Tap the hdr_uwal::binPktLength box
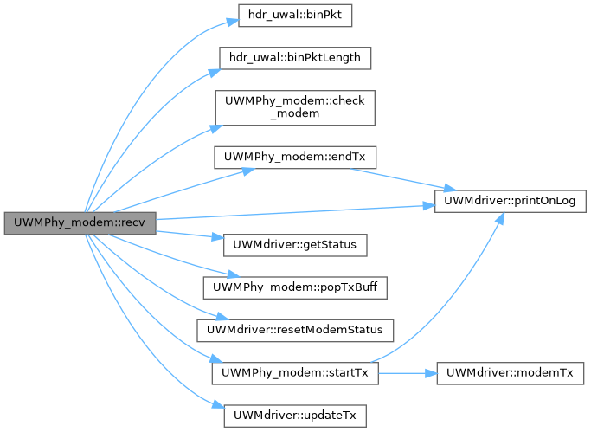(x=294, y=59)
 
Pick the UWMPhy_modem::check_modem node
(x=294, y=107)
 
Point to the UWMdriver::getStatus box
(x=295, y=245)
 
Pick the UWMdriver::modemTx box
(x=510, y=372)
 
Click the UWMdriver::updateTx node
(x=294, y=415)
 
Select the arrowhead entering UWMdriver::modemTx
(x=430, y=372)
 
